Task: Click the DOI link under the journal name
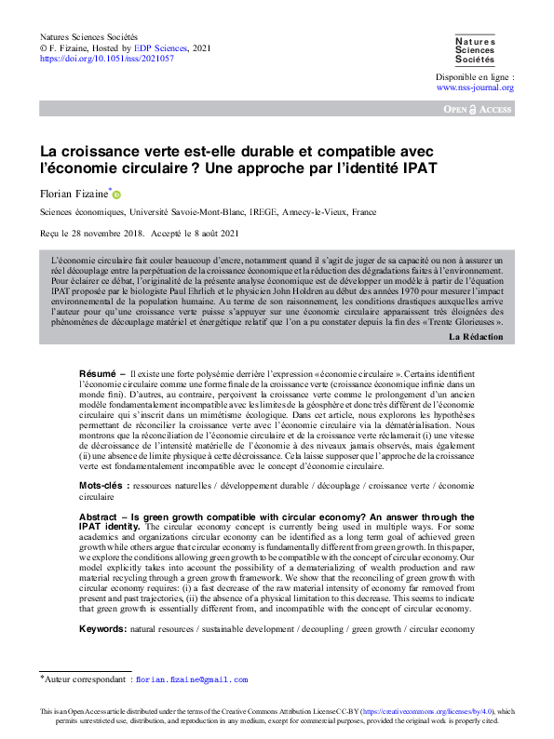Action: click(x=106, y=58)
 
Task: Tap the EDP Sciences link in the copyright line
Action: click(x=169, y=47)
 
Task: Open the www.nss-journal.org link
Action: click(x=475, y=87)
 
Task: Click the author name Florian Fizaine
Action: click(x=74, y=194)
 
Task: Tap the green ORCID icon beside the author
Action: click(x=116, y=195)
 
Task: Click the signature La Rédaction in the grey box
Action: click(x=477, y=335)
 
